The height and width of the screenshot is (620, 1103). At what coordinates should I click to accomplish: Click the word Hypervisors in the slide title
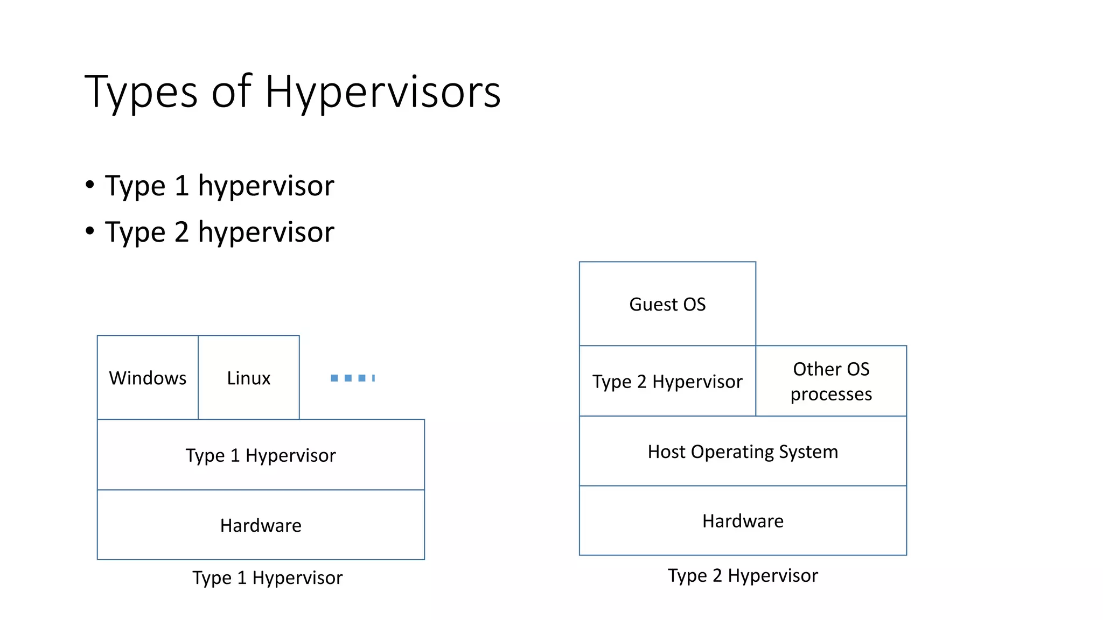[x=383, y=92]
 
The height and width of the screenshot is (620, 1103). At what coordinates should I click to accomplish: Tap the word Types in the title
[x=141, y=92]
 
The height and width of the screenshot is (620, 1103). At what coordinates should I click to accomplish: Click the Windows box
[x=148, y=377]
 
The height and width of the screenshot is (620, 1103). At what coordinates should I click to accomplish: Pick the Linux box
[x=249, y=377]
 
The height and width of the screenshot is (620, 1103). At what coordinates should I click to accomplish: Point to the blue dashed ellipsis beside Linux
[x=353, y=378]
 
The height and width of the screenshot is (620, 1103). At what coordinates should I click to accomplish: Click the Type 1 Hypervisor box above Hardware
[x=261, y=455]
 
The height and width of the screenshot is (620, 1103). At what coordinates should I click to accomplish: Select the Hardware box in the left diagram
[x=261, y=525]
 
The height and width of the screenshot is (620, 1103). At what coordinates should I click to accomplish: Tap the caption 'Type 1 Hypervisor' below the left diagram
[x=268, y=577]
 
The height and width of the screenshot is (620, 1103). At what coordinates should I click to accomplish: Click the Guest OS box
[x=667, y=304]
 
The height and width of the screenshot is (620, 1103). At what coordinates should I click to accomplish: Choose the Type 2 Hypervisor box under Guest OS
[x=667, y=381]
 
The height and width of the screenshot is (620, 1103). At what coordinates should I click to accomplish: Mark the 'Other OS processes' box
[x=831, y=381]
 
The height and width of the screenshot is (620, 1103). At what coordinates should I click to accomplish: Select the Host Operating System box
[x=743, y=451]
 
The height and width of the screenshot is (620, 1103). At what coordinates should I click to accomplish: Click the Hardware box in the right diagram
[x=743, y=520]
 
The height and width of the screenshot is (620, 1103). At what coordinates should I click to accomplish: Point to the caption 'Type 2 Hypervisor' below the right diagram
[x=743, y=575]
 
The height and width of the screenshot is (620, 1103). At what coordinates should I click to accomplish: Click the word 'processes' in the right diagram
[x=831, y=394]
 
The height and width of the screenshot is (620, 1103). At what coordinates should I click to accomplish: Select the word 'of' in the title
[x=232, y=92]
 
